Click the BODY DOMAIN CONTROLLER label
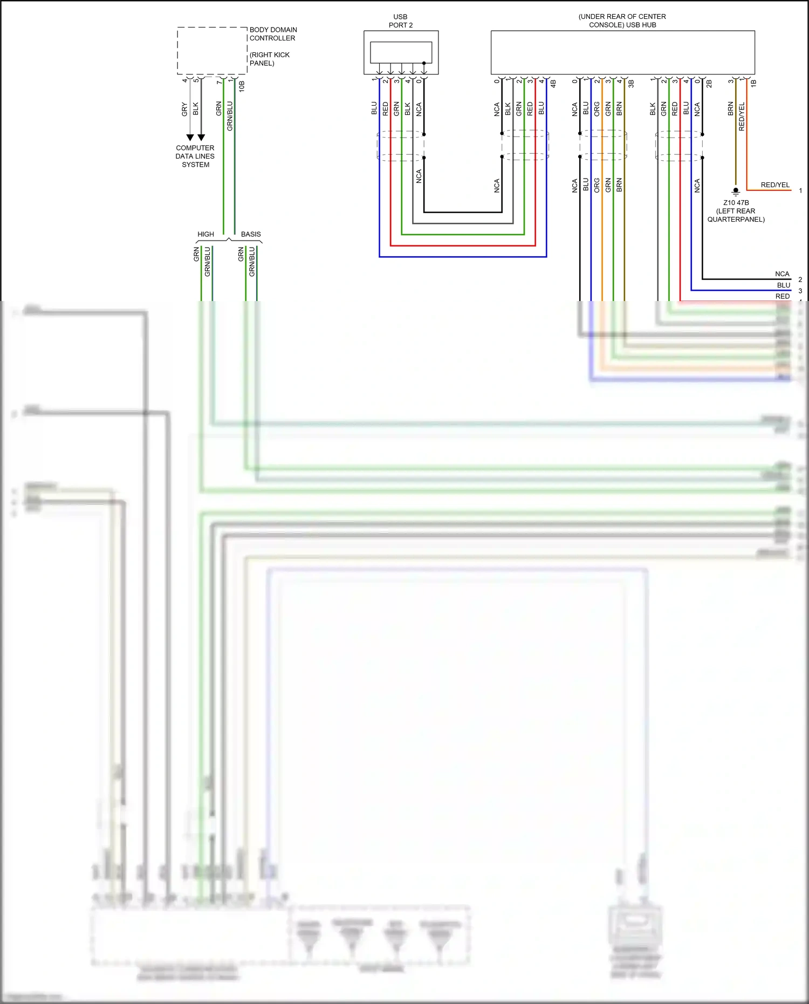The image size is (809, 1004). click(x=272, y=34)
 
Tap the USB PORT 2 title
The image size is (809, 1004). click(x=400, y=21)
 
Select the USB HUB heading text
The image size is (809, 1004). click(x=622, y=21)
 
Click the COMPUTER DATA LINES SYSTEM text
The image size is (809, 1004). click(x=195, y=156)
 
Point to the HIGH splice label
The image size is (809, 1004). click(x=205, y=234)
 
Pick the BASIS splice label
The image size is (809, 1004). click(x=251, y=234)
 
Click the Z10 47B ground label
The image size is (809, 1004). click(x=736, y=203)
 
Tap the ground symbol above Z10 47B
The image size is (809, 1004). click(x=736, y=191)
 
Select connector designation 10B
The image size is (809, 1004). click(x=242, y=86)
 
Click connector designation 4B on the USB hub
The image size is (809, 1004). click(x=553, y=84)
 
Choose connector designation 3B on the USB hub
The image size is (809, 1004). click(x=631, y=84)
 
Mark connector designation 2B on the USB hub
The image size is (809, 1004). click(x=709, y=84)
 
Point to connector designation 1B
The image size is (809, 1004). click(x=753, y=84)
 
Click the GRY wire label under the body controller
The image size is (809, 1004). click(x=184, y=110)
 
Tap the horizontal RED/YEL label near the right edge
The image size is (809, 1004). click(x=775, y=185)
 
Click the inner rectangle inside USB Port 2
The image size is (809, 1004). click(x=401, y=52)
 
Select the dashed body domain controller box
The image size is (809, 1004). click(x=212, y=51)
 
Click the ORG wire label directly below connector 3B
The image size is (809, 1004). click(x=597, y=109)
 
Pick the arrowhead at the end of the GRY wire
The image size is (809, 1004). click(x=190, y=138)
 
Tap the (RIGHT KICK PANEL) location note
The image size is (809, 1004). click(x=269, y=59)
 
